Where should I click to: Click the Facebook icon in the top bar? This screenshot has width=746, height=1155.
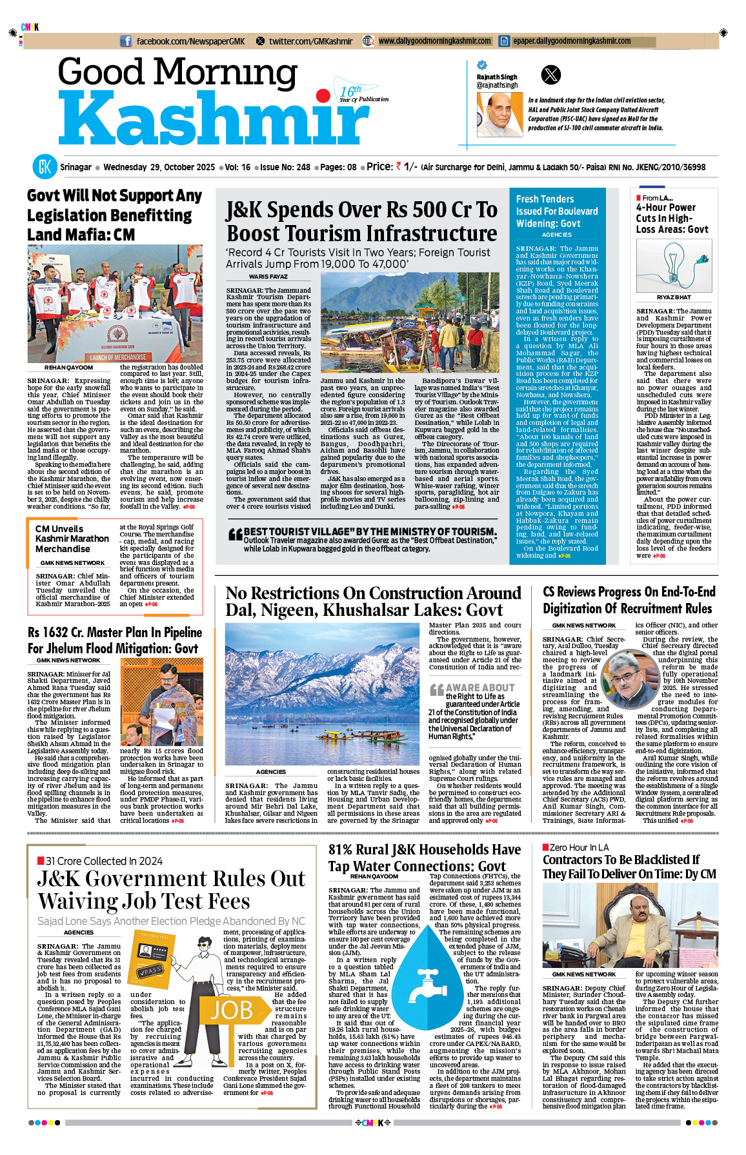(x=126, y=41)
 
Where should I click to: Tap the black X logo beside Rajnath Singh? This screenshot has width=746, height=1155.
(x=550, y=75)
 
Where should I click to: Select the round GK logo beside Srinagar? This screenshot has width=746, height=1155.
(x=45, y=167)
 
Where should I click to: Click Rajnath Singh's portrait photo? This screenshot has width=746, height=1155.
(x=499, y=114)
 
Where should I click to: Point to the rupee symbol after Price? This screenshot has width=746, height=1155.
(x=398, y=166)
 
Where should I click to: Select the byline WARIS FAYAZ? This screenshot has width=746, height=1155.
(x=268, y=277)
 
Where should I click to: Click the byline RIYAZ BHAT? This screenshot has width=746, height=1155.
(x=673, y=297)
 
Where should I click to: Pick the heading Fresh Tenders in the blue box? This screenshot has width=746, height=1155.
(x=545, y=199)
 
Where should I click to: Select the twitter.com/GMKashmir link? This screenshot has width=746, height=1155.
(x=310, y=41)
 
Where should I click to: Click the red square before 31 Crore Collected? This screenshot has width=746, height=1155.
(x=41, y=860)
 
